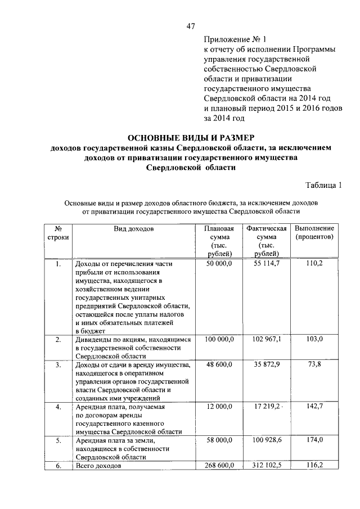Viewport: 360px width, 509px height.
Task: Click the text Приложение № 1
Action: click(x=232, y=39)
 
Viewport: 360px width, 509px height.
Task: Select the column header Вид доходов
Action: click(x=133, y=229)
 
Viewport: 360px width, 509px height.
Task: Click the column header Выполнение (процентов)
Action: click(x=315, y=233)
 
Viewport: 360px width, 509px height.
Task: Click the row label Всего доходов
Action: click(x=98, y=467)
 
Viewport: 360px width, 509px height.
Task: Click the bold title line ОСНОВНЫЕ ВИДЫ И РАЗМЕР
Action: click(x=191, y=137)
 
